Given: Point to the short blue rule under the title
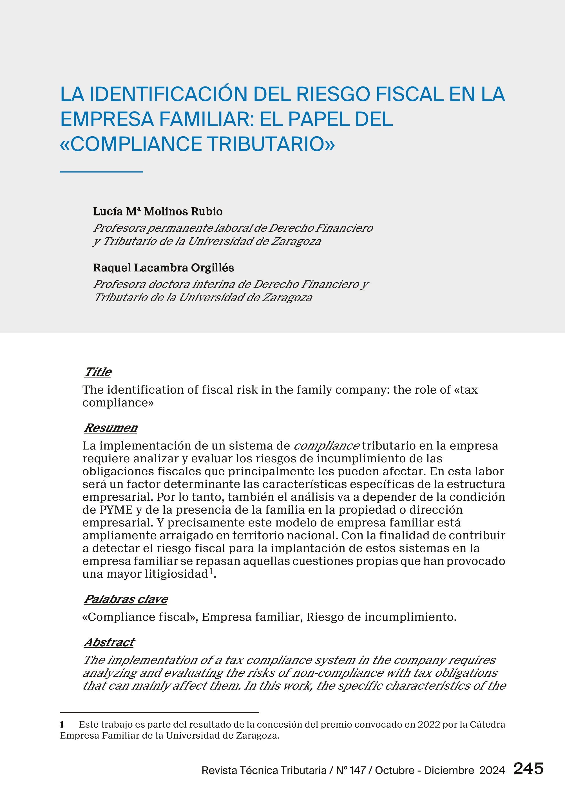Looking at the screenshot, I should tap(101, 171).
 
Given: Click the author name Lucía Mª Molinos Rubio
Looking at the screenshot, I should tap(158, 211).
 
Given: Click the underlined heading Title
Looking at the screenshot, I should tap(98, 372).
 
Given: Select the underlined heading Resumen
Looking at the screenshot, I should tap(111, 428).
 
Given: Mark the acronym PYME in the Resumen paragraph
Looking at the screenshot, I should tap(116, 510).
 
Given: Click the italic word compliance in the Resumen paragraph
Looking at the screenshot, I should tap(326, 446).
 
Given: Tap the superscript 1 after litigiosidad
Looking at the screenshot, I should tap(211, 571).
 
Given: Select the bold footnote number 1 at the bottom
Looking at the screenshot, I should tap(62, 725).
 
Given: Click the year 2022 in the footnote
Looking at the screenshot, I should tap(429, 725).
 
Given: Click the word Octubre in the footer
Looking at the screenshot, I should tap(394, 770).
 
